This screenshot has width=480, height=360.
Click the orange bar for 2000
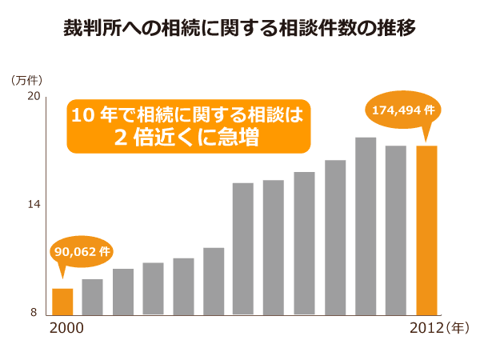coord(62,302)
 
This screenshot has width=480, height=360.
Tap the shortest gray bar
coord(93,297)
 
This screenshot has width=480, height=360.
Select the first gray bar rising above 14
coord(242,249)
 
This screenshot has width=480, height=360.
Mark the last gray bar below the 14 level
coord(214,282)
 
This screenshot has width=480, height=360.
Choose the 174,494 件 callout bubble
coord(404,110)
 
